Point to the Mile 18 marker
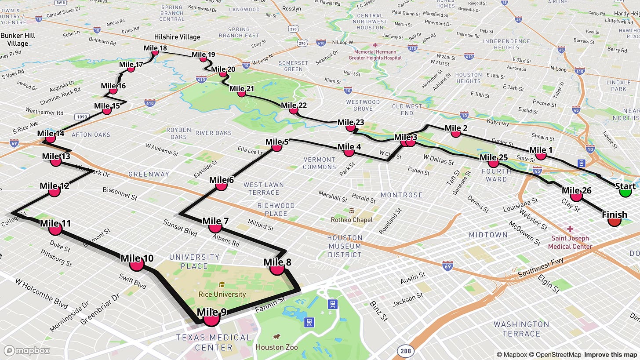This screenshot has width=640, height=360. tap(155, 53)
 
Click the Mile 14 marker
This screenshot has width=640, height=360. tap(51, 138)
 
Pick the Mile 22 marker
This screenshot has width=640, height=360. tap(293, 110)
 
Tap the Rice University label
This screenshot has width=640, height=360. tap(222, 294)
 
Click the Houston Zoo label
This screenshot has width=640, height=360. tap(277, 347)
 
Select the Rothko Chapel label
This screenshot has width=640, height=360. tap(351, 219)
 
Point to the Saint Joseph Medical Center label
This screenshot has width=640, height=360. tap(570, 242)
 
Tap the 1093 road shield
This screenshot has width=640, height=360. tap(83, 117)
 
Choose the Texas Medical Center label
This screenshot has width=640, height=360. tap(214, 342)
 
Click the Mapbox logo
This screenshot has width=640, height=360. tap(27, 350)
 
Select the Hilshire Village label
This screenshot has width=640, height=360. tap(177, 37)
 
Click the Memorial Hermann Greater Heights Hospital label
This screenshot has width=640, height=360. tap(375, 55)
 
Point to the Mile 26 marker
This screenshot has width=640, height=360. tap(576, 196)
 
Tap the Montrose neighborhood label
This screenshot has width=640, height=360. tap(401, 195)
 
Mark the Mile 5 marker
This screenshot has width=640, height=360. tap(276, 147)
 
